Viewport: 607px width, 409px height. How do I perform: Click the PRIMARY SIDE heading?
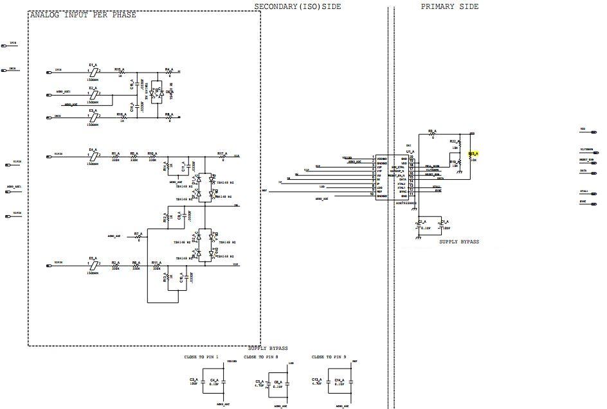point(449,6)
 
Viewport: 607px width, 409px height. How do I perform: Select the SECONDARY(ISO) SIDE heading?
point(297,6)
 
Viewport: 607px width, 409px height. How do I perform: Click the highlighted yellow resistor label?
point(473,153)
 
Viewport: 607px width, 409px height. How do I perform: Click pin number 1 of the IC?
point(373,158)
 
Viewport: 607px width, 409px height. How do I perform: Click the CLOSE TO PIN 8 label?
point(261,357)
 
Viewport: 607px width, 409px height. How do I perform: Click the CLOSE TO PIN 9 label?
point(329,357)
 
